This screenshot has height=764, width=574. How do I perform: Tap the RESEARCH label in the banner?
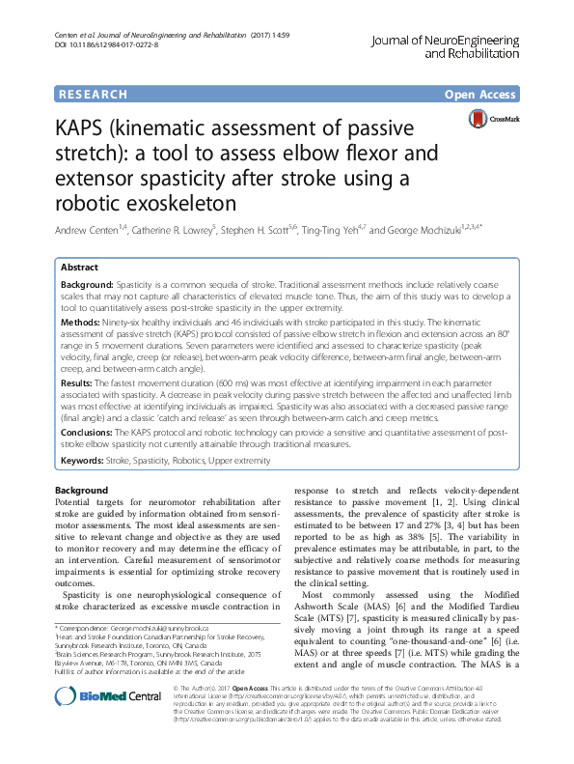pyautogui.click(x=92, y=95)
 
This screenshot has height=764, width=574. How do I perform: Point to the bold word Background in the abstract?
pyautogui.click(x=87, y=288)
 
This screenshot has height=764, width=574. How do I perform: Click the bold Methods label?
pyautogui.click(x=81, y=323)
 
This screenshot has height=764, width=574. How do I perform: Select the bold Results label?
pyautogui.click(x=79, y=382)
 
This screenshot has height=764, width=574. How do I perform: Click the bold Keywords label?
pyautogui.click(x=83, y=461)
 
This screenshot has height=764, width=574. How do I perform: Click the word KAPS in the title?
pyautogui.click(x=86, y=129)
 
